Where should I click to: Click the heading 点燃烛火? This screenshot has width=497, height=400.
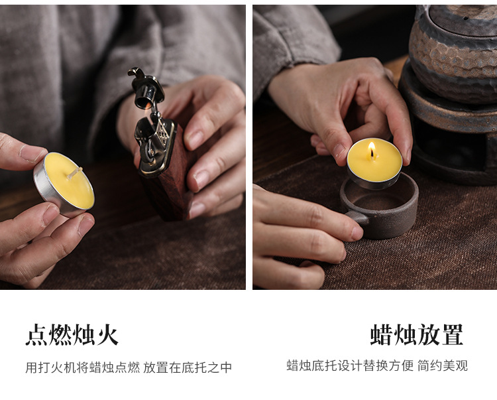coord(72,334)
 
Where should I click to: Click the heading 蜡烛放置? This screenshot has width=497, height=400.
coord(417,334)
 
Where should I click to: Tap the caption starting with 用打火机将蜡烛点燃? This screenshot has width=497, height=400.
coord(129,367)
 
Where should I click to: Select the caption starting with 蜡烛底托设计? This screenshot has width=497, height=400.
coord(377,366)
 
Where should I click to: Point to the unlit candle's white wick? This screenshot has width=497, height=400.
coord(74,173)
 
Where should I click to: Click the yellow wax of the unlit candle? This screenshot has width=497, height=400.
coord(70,181)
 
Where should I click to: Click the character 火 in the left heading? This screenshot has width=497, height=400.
coord(108,334)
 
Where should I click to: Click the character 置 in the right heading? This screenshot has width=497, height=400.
coord(453,334)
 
